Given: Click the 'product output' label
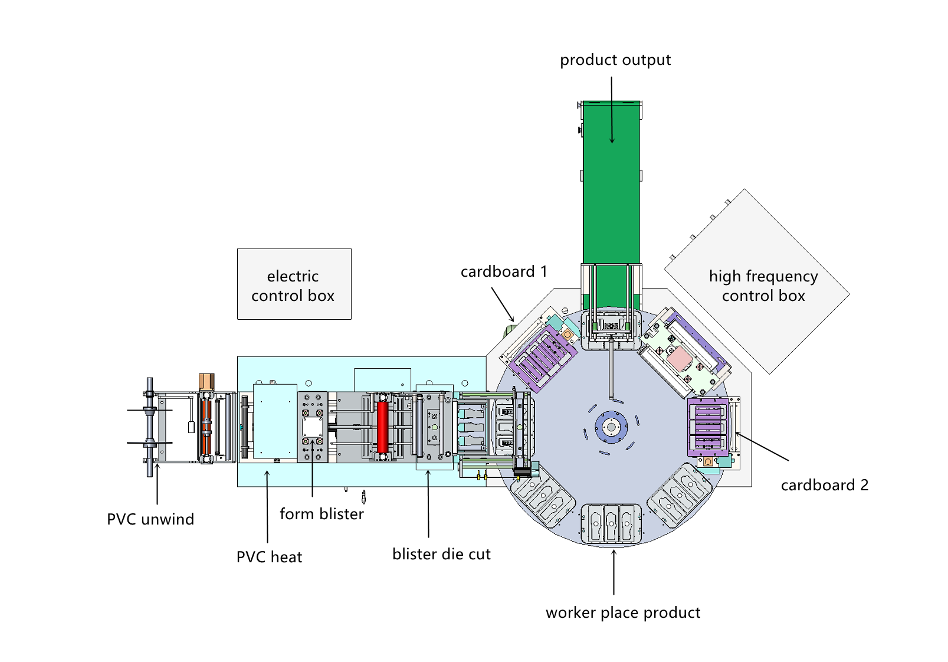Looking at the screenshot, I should click(615, 60).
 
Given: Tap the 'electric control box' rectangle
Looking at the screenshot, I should click(294, 284).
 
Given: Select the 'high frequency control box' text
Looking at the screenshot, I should click(763, 286).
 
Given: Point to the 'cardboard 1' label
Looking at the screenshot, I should click(503, 271).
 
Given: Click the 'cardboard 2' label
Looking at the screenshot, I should click(824, 485).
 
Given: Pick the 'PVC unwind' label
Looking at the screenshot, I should click(150, 519).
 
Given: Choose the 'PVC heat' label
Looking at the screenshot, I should click(269, 557).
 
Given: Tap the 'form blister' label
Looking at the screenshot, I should click(322, 514).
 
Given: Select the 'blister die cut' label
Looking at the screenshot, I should click(441, 554).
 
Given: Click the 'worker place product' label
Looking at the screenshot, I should click(623, 612).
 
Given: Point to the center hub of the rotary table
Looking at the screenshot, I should click(611, 427).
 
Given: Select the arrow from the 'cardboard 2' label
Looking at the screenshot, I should click(762, 447).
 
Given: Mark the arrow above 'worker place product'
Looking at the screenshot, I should click(614, 572).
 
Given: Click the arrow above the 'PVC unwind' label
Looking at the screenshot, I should click(157, 484).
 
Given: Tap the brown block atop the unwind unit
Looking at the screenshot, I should click(206, 381).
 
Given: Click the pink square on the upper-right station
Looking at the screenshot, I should click(679, 358).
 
